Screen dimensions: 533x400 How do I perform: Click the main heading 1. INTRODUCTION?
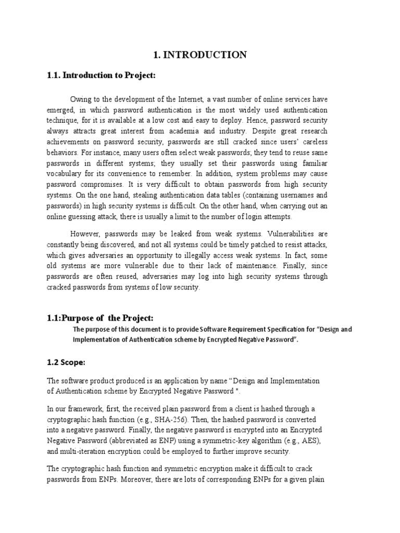(199, 55)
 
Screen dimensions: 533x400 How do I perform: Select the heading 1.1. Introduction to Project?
(102, 76)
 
